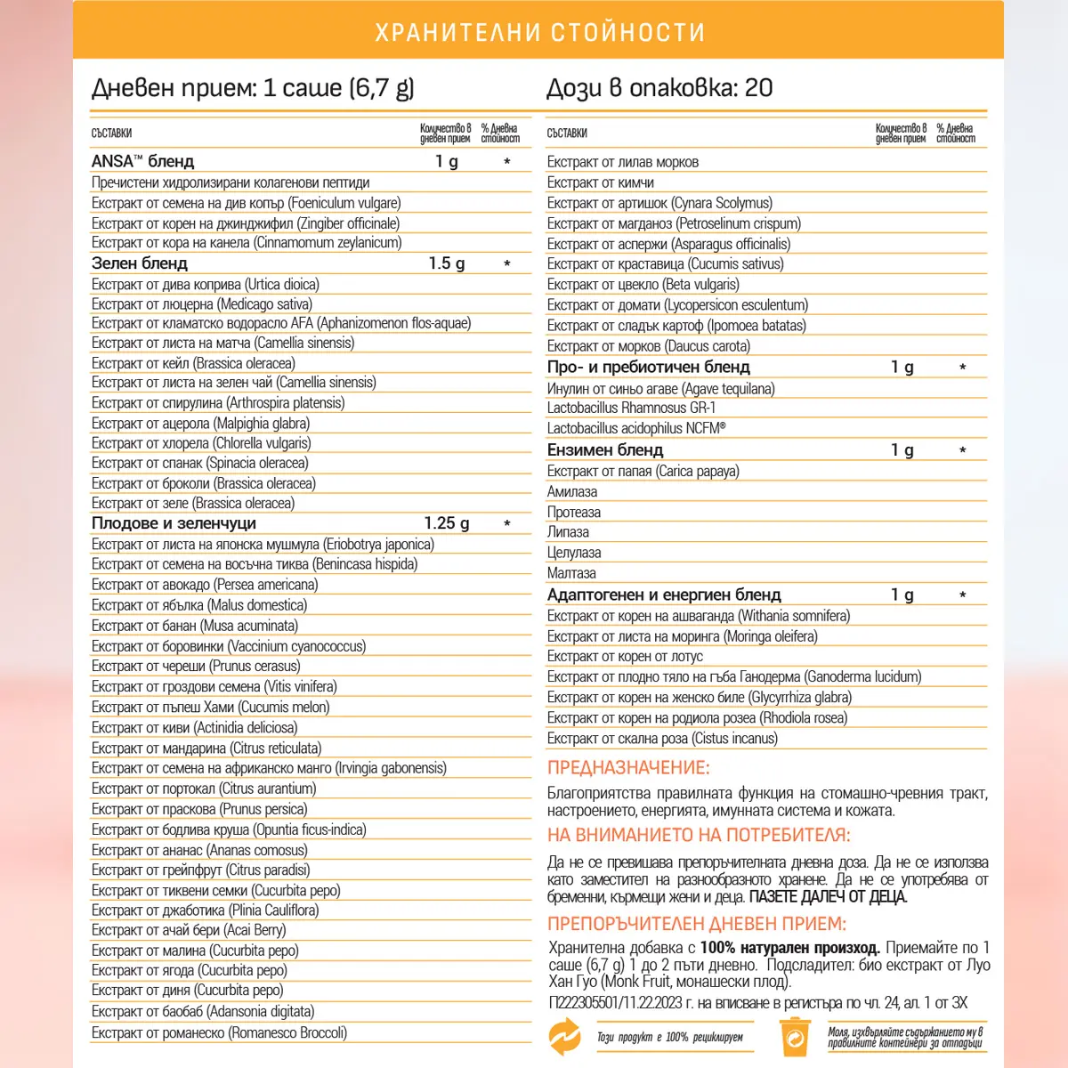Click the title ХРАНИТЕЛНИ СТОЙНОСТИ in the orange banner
tap(539, 33)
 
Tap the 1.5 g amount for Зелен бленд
tap(446, 263)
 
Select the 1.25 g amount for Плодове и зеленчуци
tap(446, 523)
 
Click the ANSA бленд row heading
tap(142, 161)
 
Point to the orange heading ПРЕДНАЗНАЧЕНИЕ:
tap(628, 767)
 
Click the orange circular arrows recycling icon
tap(564, 1037)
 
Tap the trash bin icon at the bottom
tap(794, 1037)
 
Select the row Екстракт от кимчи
tap(601, 182)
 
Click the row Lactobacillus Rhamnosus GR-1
tap(631, 408)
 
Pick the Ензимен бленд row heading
tap(605, 449)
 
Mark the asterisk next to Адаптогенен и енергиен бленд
tap(962, 595)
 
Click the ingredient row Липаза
tap(568, 532)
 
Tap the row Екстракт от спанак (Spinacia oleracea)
tap(200, 463)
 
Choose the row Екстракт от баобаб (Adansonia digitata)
tap(203, 1011)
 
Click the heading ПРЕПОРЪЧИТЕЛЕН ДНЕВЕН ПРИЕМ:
tap(697, 923)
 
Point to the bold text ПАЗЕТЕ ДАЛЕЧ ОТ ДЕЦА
tap(828, 896)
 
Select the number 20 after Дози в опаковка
tap(758, 87)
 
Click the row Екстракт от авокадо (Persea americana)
tap(205, 585)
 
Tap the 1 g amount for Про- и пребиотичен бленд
tap(902, 367)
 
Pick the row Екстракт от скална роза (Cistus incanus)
tap(662, 738)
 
